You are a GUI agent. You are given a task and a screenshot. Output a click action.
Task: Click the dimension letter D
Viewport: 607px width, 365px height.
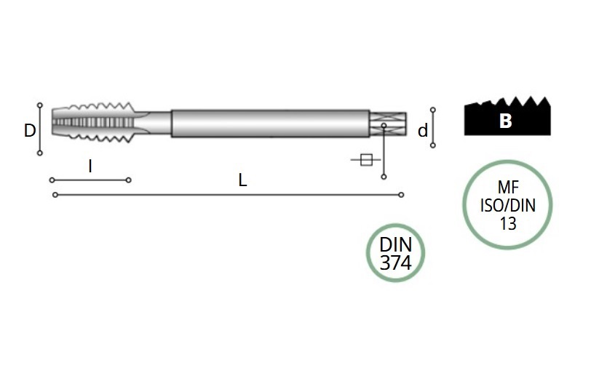(x=30, y=130)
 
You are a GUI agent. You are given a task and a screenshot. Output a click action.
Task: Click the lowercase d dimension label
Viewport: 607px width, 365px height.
(x=423, y=131)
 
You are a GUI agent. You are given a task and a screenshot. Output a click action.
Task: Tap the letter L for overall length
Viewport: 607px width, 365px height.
(x=242, y=180)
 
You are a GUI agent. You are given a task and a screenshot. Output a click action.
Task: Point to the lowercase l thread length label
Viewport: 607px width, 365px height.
(x=90, y=167)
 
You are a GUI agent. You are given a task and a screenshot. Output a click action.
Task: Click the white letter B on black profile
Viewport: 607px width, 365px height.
(x=506, y=121)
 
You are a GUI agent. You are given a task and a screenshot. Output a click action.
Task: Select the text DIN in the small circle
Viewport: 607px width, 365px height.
(x=396, y=245)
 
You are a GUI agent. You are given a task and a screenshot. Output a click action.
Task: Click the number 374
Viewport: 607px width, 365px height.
(x=396, y=263)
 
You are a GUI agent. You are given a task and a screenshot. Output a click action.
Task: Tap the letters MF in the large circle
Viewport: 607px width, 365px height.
(x=508, y=188)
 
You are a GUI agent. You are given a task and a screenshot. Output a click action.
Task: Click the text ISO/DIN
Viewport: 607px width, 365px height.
(x=508, y=205)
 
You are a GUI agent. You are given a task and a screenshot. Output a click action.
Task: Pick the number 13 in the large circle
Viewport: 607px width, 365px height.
(x=508, y=223)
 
